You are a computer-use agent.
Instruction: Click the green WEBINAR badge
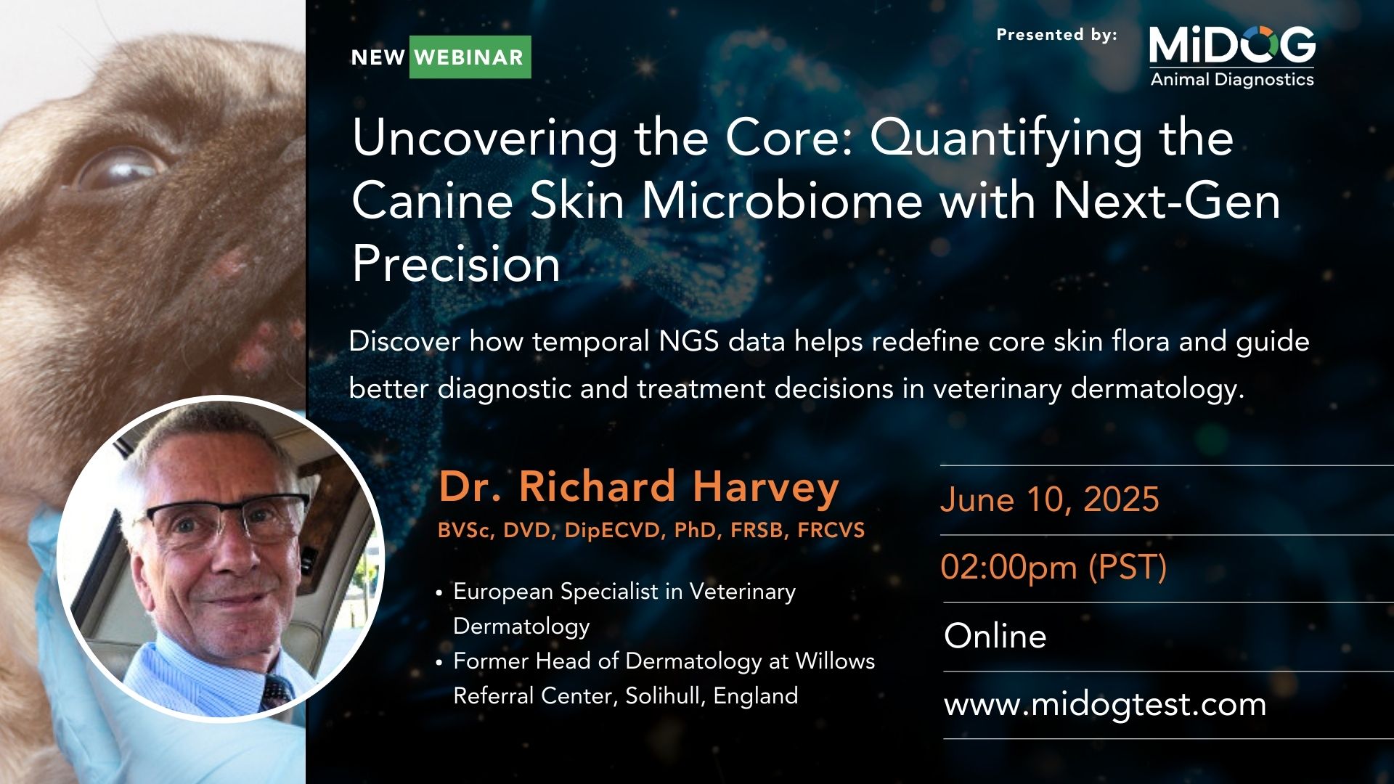(470, 57)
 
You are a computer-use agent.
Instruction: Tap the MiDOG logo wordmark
(1232, 45)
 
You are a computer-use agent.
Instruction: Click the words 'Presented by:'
(1056, 35)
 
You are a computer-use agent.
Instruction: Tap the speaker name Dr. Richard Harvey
(639, 486)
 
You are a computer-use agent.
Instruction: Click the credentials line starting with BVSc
(651, 531)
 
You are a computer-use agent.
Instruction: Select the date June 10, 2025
(1050, 499)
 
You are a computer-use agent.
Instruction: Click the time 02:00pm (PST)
(1053, 567)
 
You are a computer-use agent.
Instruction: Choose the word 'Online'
(995, 636)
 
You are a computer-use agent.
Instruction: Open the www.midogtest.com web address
(1105, 705)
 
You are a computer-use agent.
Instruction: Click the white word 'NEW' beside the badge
(378, 57)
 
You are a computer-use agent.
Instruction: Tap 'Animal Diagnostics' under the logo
(1232, 79)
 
